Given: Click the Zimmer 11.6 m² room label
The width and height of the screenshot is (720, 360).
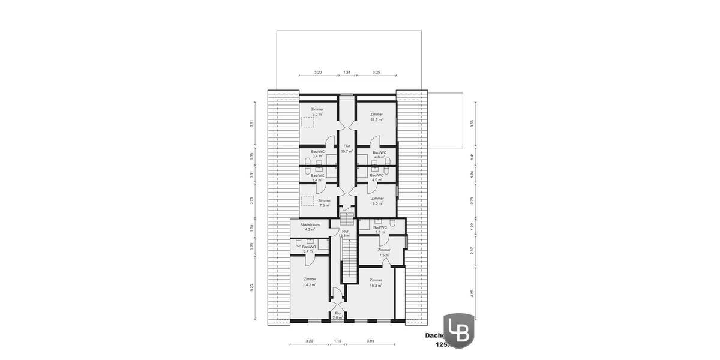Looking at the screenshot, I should pos(376,117).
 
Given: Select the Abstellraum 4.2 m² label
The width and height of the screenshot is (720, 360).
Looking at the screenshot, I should pos(310,226).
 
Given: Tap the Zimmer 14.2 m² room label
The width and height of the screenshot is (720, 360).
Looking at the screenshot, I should pos(310,282).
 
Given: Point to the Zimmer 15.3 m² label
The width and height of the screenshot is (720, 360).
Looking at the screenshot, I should pos(376,283).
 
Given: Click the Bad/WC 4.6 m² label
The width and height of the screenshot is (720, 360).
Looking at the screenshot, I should pos(379,155).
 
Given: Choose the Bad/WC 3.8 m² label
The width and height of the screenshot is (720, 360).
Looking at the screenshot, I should pos(380,230).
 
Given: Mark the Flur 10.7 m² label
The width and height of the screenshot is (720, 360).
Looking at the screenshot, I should pos(346,149).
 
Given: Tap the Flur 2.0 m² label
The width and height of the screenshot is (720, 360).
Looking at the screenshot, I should pos(338,315).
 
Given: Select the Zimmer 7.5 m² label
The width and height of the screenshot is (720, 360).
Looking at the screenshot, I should pos(384,253).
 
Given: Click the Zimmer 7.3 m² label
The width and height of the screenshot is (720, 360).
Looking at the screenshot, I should pos(324,203).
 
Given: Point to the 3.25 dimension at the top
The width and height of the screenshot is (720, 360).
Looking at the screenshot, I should pos(376,72).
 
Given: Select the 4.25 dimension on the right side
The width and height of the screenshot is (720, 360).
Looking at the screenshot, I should pos(472,294).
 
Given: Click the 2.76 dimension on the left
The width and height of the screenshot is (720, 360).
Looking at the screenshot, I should pos(252,200).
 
